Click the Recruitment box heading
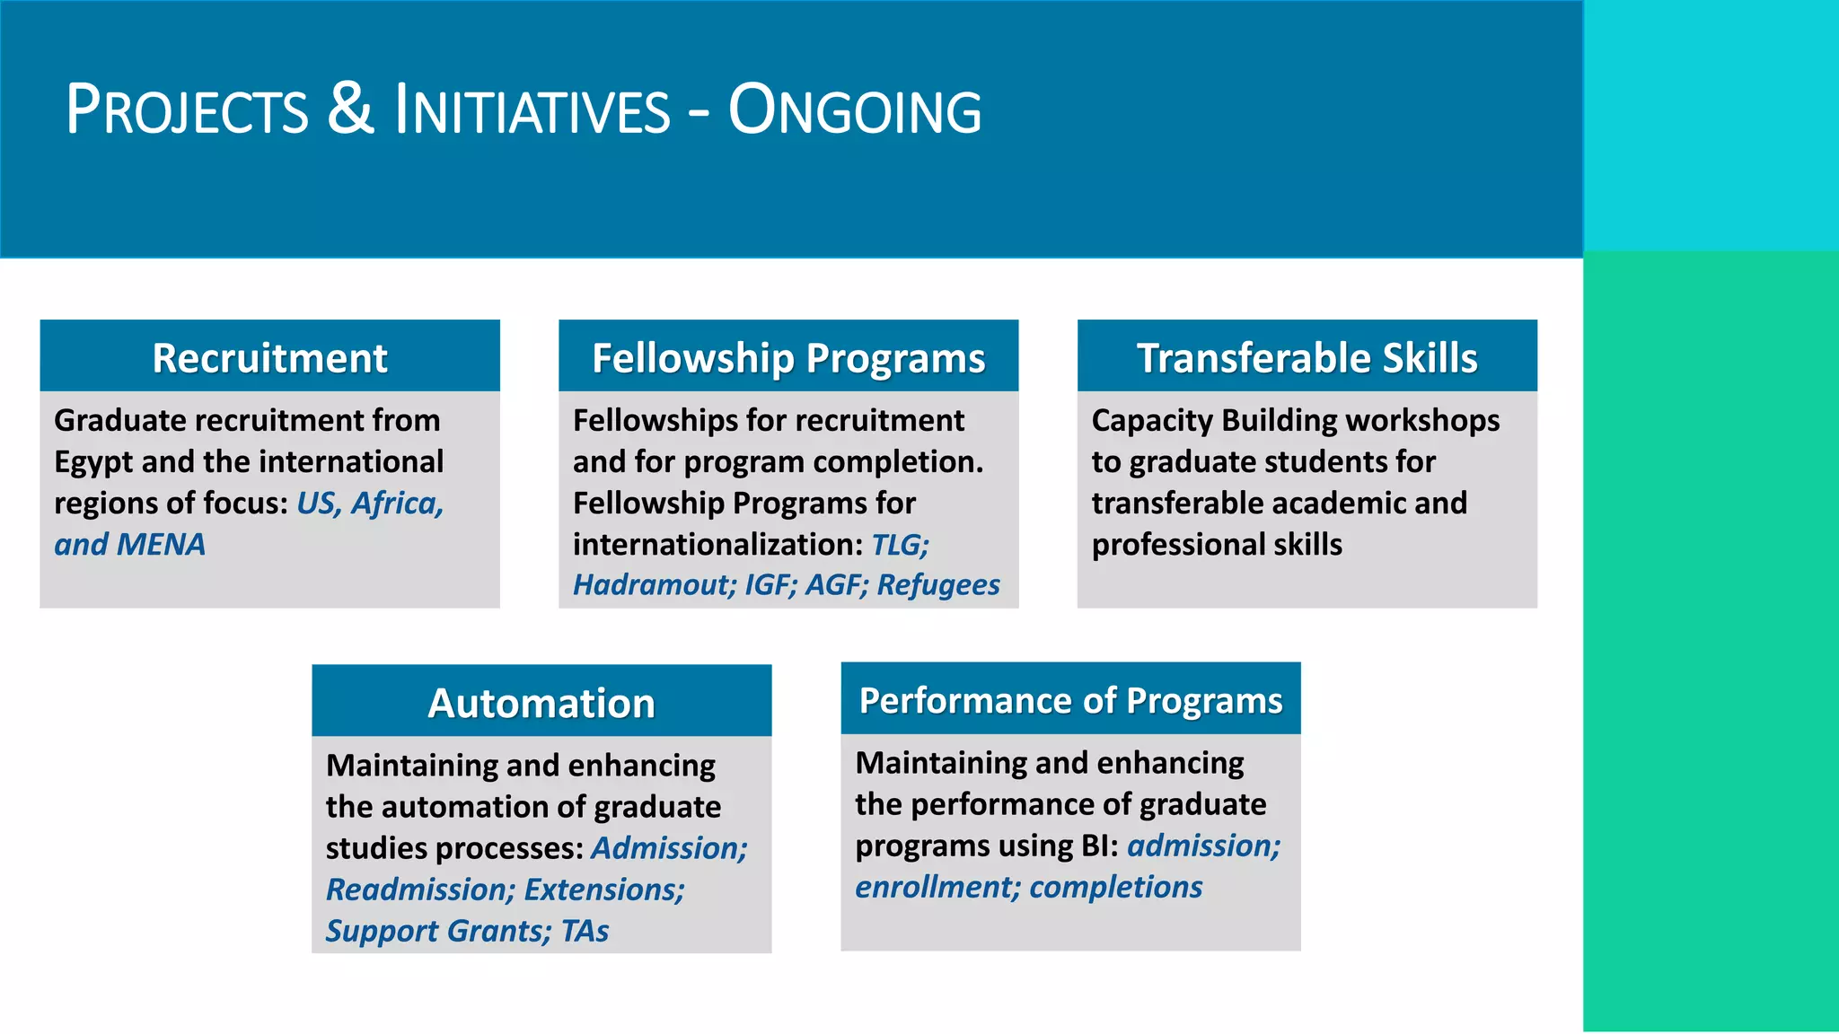(x=269, y=357)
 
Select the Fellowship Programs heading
(x=788, y=357)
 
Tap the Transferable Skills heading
(x=1307, y=357)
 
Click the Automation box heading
(x=541, y=702)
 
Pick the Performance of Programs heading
(x=1070, y=700)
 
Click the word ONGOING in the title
(x=854, y=111)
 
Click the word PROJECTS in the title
(x=187, y=111)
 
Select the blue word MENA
(x=161, y=544)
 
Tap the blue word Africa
(x=397, y=503)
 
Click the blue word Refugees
(x=937, y=584)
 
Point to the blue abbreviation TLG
(x=899, y=544)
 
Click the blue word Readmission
(x=419, y=889)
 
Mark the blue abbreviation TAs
(x=585, y=930)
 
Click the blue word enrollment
(x=937, y=887)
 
